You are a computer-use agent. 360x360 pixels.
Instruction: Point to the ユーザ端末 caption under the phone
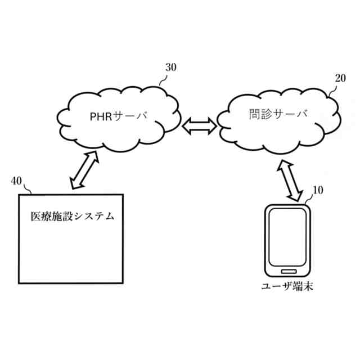[287, 286]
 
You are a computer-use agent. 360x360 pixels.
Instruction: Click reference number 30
[170, 67]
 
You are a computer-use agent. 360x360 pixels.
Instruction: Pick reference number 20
[340, 78]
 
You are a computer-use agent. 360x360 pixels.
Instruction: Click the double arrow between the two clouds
[200, 125]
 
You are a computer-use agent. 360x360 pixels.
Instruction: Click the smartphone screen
[287, 237]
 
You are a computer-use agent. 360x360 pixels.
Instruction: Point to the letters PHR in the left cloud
[101, 117]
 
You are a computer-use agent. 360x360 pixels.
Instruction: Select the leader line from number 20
[332, 88]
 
